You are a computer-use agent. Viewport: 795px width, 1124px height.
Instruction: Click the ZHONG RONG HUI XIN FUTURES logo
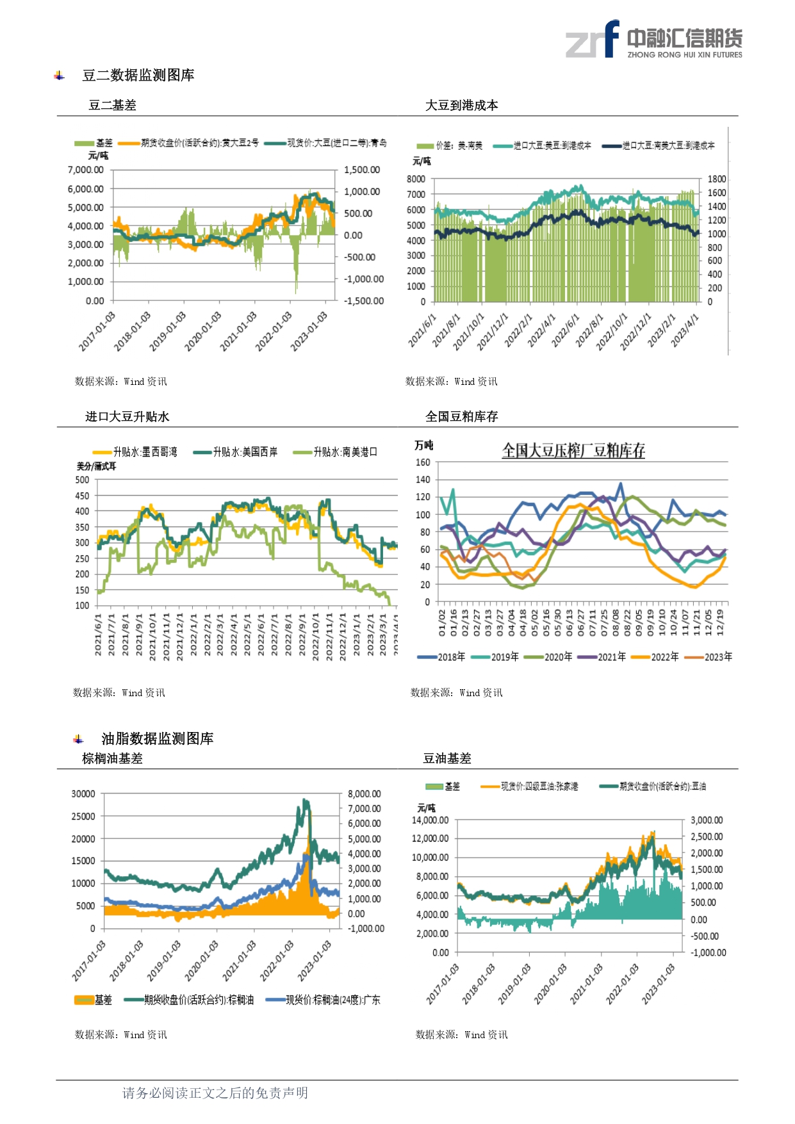(653, 40)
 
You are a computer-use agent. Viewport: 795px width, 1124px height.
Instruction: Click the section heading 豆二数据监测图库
(138, 76)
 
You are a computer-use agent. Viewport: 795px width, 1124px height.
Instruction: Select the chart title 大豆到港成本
(461, 106)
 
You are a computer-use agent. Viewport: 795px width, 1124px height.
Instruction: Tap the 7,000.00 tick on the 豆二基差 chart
(85, 170)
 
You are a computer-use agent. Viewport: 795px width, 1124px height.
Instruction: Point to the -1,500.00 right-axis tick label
(363, 301)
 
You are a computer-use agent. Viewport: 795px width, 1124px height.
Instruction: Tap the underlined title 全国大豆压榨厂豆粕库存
(573, 451)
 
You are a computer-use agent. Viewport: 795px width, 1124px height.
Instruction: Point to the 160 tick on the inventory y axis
(423, 462)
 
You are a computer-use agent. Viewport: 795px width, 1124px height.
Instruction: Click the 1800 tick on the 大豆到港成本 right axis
(716, 179)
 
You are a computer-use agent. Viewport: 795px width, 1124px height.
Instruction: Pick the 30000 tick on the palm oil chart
(83, 794)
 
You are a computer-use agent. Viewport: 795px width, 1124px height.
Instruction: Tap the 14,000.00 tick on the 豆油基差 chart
(430, 820)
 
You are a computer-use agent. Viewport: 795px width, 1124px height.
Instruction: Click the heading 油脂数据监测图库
(157, 739)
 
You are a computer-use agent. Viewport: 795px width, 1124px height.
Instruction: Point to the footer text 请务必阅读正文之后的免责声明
(215, 1093)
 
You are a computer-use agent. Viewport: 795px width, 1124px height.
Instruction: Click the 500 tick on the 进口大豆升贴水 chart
(82, 480)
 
